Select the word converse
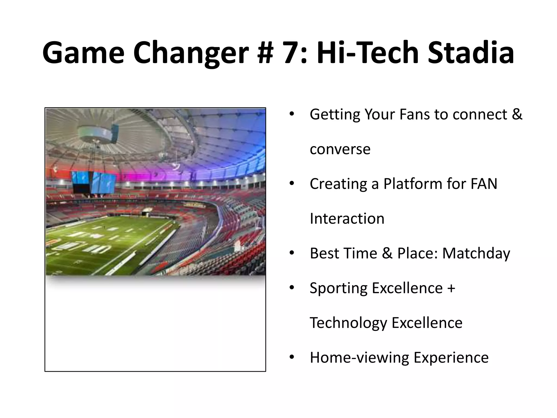(340, 149)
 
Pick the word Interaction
(347, 219)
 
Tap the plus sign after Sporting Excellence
(451, 288)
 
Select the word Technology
(348, 323)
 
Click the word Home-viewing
(359, 358)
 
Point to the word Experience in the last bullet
(451, 358)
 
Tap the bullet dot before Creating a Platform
(292, 184)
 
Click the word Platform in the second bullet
(413, 184)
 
